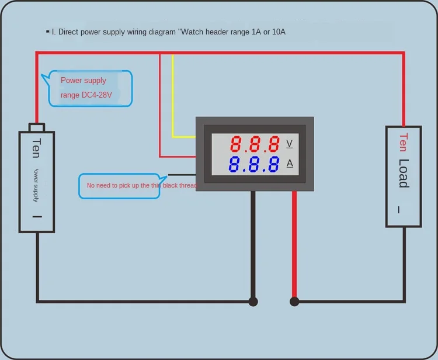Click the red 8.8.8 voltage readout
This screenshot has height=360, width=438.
pos(254,144)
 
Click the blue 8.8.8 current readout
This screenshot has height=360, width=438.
pos(254,164)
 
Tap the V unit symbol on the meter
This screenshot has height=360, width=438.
pos(290,144)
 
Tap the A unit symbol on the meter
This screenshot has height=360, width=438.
pos(290,163)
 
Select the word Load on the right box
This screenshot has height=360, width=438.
pos(404,174)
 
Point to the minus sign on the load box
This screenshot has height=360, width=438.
pos(399,209)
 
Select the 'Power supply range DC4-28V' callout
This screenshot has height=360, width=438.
pos(91,88)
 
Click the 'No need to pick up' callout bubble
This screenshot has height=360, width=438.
pos(119,186)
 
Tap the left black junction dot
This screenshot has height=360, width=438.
pos(253,302)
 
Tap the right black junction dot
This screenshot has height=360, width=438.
pos(294,302)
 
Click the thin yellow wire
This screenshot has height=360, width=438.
pos(172,99)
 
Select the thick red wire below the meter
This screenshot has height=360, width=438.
pos(294,245)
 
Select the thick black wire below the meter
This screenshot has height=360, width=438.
pos(253,245)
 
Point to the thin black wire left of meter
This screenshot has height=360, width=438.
pos(181,174)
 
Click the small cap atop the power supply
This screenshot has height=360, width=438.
pos(37,127)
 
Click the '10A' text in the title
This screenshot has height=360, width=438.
pos(274,32)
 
